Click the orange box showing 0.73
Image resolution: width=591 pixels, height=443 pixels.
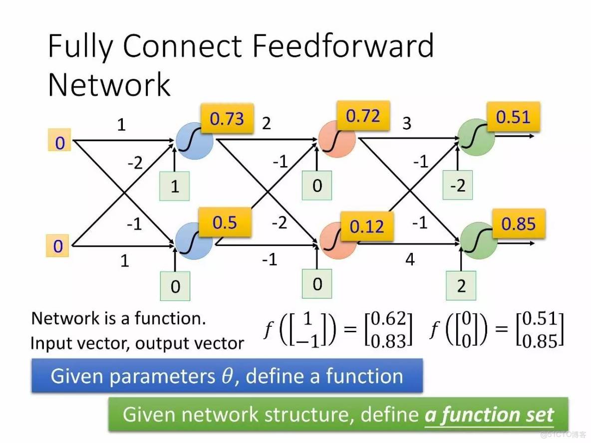[227, 119]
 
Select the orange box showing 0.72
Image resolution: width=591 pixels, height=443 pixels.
[363, 117]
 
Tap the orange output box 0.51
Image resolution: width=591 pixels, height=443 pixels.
[513, 117]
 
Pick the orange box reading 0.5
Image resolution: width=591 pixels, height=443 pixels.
[224, 222]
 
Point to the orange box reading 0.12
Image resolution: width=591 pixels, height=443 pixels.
[367, 226]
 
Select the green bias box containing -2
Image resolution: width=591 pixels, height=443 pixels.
[458, 186]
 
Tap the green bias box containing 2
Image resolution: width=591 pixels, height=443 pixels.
[461, 286]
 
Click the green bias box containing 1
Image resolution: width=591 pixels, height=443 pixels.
[175, 187]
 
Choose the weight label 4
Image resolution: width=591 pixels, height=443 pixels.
[410, 259]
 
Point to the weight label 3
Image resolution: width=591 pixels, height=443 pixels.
[407, 123]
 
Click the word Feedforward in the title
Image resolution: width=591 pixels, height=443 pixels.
[343, 46]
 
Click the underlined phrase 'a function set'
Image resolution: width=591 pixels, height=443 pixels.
[489, 415]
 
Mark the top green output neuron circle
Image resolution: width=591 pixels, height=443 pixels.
[476, 137]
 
